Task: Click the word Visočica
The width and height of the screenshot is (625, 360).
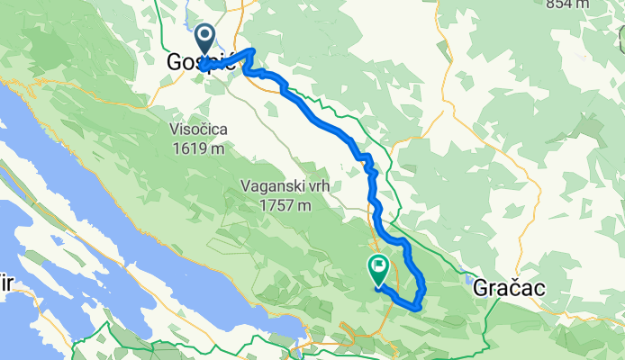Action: tap(198, 130)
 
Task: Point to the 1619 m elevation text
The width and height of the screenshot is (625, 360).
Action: tap(198, 148)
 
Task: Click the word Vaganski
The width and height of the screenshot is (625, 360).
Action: tap(269, 187)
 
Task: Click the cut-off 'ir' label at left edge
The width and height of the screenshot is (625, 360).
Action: tap(5, 282)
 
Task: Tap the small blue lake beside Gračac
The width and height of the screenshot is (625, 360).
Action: tap(471, 275)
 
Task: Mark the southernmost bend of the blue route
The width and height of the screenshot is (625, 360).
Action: tap(416, 307)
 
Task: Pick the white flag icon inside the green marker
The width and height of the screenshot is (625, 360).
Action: tap(377, 266)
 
